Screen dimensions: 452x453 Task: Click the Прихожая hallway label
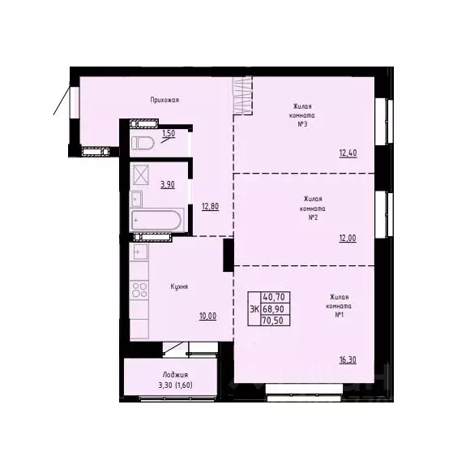pos(164,100)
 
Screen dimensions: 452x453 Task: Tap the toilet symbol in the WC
pos(144,143)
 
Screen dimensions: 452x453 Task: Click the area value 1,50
pos(169,134)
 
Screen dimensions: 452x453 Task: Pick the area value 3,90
pos(168,184)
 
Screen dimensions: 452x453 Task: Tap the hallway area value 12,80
pos(210,206)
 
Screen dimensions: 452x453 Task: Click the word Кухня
pos(180,286)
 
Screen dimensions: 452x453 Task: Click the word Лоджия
pos(174,374)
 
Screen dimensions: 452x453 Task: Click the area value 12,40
pos(348,152)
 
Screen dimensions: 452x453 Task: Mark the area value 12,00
pos(348,238)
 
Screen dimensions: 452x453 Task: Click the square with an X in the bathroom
pos(142,174)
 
